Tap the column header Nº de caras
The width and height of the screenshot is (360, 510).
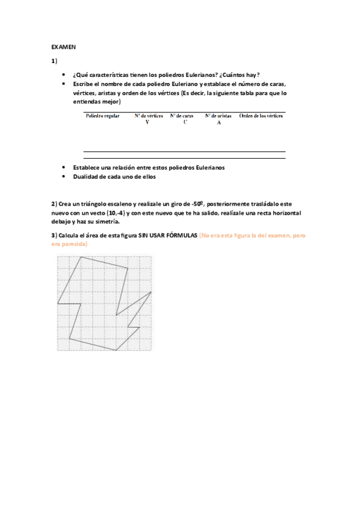[x=184, y=115]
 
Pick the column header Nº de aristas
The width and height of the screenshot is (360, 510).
[x=219, y=115]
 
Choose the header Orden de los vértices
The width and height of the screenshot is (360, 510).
[x=261, y=115]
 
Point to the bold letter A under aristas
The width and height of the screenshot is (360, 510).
[x=219, y=123]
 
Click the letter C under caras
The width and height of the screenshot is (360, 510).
[x=185, y=122]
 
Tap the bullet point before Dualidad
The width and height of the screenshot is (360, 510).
[x=64, y=177]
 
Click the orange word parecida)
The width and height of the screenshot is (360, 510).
[x=74, y=244]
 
